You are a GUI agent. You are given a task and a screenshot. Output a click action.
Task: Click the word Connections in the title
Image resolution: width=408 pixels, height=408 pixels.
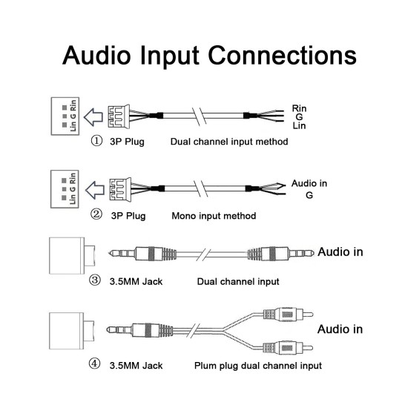coord(282,55)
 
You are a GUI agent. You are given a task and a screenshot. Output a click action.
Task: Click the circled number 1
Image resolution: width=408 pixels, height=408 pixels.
coord(96,141)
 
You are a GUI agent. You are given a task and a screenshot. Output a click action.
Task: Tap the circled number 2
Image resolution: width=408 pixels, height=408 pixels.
coord(96,215)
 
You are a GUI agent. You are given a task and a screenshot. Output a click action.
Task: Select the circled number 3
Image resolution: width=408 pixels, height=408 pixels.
coord(95,280)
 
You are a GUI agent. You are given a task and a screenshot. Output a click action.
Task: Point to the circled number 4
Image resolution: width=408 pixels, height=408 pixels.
coord(94,364)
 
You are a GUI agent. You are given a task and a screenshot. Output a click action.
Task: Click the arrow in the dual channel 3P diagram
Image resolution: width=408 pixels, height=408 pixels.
coord(93,116)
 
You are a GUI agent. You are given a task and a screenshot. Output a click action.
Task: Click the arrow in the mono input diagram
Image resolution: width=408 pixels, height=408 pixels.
coord(95,190)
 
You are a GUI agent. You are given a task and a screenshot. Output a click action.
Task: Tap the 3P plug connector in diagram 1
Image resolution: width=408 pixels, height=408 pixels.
coord(119,116)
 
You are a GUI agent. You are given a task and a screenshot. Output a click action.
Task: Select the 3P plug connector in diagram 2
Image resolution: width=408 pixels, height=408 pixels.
coord(120,189)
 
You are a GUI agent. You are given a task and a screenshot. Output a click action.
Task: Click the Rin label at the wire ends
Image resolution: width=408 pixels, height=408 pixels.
coord(299,108)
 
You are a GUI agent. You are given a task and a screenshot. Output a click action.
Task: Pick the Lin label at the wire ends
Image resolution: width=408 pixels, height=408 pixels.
coord(299,125)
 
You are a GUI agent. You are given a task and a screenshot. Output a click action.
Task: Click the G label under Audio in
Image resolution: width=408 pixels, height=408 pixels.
coord(309,195)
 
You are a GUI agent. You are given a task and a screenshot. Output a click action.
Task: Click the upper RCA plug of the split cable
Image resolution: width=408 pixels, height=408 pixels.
coord(288,315)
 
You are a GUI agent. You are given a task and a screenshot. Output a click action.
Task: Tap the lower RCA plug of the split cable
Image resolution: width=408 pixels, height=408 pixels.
coord(288,348)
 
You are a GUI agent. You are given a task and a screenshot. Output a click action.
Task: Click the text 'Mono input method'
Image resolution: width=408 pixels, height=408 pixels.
coord(214,216)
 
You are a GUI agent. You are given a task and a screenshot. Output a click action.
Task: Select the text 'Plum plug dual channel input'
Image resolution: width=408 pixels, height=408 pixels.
coord(258,366)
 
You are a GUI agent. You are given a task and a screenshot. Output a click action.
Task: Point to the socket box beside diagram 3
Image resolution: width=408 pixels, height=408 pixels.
coord(72,255)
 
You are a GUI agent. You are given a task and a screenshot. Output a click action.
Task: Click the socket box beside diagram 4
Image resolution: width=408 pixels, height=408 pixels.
coord(72,331)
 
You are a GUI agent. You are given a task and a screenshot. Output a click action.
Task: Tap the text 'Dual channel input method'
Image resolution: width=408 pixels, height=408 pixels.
coord(229,142)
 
